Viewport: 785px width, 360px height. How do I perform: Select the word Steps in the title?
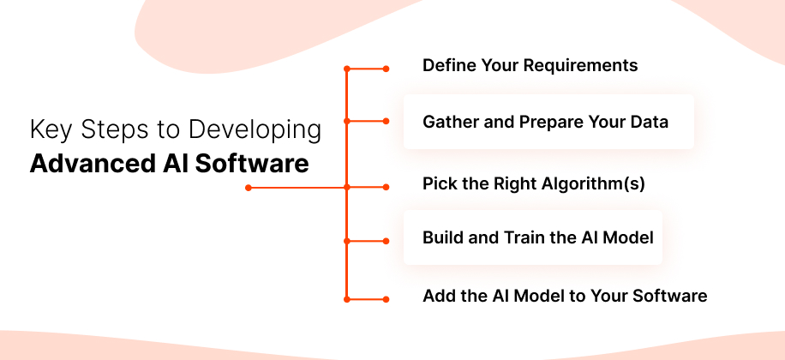pyautogui.click(x=106, y=130)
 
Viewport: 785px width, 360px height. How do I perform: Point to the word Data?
pyautogui.click(x=649, y=122)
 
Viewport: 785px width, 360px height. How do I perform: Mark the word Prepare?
pyautogui.click(x=552, y=122)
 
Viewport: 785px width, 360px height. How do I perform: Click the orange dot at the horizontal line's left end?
pyautogui.click(x=248, y=187)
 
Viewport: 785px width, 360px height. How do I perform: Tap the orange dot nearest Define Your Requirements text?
pyautogui.click(x=386, y=68)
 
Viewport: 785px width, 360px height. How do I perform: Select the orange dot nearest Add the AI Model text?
pyautogui.click(x=386, y=299)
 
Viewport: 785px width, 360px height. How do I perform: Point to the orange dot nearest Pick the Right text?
pyautogui.click(x=386, y=187)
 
